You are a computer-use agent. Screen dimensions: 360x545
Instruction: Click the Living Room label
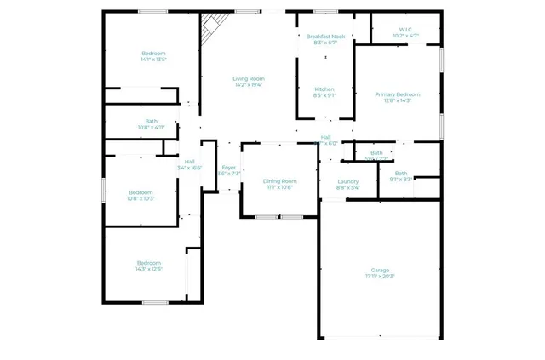click(250, 78)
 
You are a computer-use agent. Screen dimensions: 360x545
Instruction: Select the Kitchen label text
click(324, 89)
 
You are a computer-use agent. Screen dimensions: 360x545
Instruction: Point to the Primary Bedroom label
click(398, 94)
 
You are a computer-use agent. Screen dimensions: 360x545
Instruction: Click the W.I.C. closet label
click(406, 30)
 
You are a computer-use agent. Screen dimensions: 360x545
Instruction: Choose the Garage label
click(380, 271)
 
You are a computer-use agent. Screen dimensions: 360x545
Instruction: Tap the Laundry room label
click(347, 181)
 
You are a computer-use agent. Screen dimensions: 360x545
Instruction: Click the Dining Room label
click(279, 180)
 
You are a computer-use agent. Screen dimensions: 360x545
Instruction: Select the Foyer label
click(228, 168)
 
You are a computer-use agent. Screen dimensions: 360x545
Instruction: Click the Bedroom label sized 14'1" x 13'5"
click(153, 54)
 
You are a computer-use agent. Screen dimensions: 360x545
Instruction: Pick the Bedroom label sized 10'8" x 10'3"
click(141, 192)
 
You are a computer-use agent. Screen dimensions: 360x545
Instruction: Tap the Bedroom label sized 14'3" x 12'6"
click(148, 263)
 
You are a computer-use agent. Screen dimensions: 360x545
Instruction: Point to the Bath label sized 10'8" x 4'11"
click(151, 121)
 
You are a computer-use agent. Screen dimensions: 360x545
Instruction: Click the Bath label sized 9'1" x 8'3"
click(401, 174)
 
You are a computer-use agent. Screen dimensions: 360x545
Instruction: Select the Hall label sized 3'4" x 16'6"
click(189, 162)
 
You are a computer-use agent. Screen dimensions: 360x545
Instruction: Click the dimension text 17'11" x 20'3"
click(380, 277)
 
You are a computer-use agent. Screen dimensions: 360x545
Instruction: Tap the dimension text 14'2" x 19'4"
click(250, 84)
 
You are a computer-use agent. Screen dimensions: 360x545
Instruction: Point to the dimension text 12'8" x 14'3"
click(398, 100)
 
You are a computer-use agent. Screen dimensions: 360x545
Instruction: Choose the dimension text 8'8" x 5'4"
click(347, 187)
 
